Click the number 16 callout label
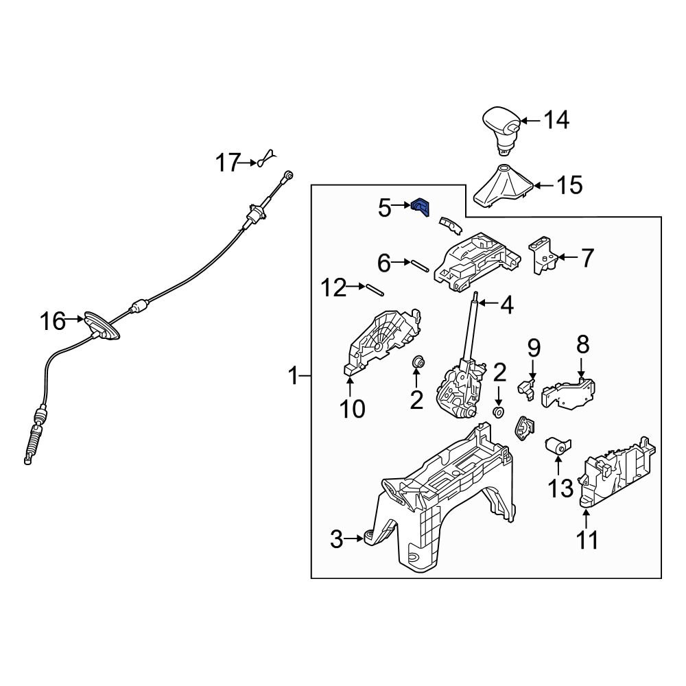tap(52, 320)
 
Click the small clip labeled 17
tap(266, 161)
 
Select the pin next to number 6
tap(421, 265)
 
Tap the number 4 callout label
tap(506, 305)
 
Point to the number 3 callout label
tap(336, 540)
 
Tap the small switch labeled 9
tap(527, 388)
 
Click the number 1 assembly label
tap(294, 376)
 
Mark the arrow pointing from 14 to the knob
tap(528, 121)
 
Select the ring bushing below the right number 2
tap(499, 412)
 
